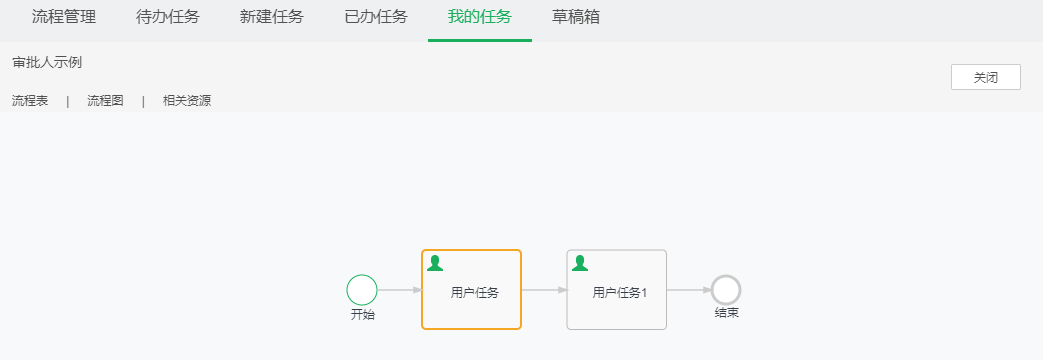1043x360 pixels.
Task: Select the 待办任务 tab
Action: click(x=168, y=17)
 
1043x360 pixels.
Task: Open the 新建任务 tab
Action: click(x=272, y=17)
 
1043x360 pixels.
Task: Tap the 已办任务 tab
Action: click(x=376, y=17)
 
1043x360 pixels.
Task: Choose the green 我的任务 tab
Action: click(x=480, y=17)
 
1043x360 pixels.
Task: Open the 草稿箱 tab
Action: click(x=576, y=17)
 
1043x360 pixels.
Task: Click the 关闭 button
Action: click(x=985, y=77)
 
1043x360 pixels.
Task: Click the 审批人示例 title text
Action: click(x=47, y=62)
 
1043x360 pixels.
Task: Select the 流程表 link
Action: click(x=30, y=100)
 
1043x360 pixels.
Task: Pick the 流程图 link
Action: click(x=105, y=100)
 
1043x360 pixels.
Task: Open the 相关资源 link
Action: click(x=187, y=100)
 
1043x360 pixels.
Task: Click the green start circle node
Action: click(x=362, y=290)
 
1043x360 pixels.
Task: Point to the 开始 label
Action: click(x=362, y=314)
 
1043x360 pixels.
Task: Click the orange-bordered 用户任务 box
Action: click(x=472, y=290)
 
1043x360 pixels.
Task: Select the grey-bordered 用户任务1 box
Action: click(x=617, y=290)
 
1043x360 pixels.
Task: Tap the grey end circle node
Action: click(x=726, y=290)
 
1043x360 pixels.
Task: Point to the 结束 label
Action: click(x=726, y=313)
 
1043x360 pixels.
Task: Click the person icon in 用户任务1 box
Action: click(x=579, y=263)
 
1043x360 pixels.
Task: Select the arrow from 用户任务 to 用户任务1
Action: click(x=544, y=290)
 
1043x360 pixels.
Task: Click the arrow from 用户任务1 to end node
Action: click(x=689, y=290)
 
